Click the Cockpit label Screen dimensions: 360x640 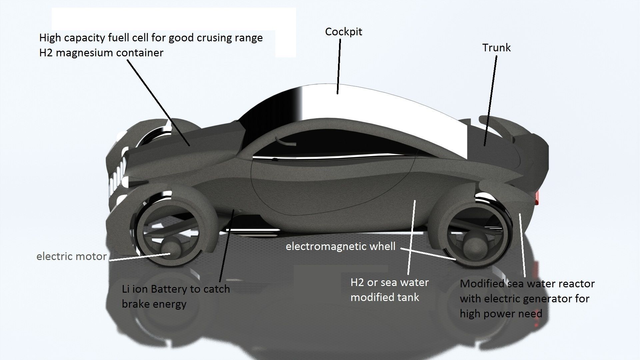click(x=343, y=32)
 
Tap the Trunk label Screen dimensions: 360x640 click(x=496, y=48)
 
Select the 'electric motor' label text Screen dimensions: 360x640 click(x=71, y=256)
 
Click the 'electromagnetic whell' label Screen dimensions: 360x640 click(x=340, y=246)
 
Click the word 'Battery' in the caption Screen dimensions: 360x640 click(x=169, y=289)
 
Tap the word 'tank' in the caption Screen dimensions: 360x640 click(x=407, y=297)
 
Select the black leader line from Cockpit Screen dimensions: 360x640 click(x=339, y=67)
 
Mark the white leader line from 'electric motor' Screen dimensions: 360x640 click(x=140, y=257)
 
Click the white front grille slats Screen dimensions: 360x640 click(x=117, y=177)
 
